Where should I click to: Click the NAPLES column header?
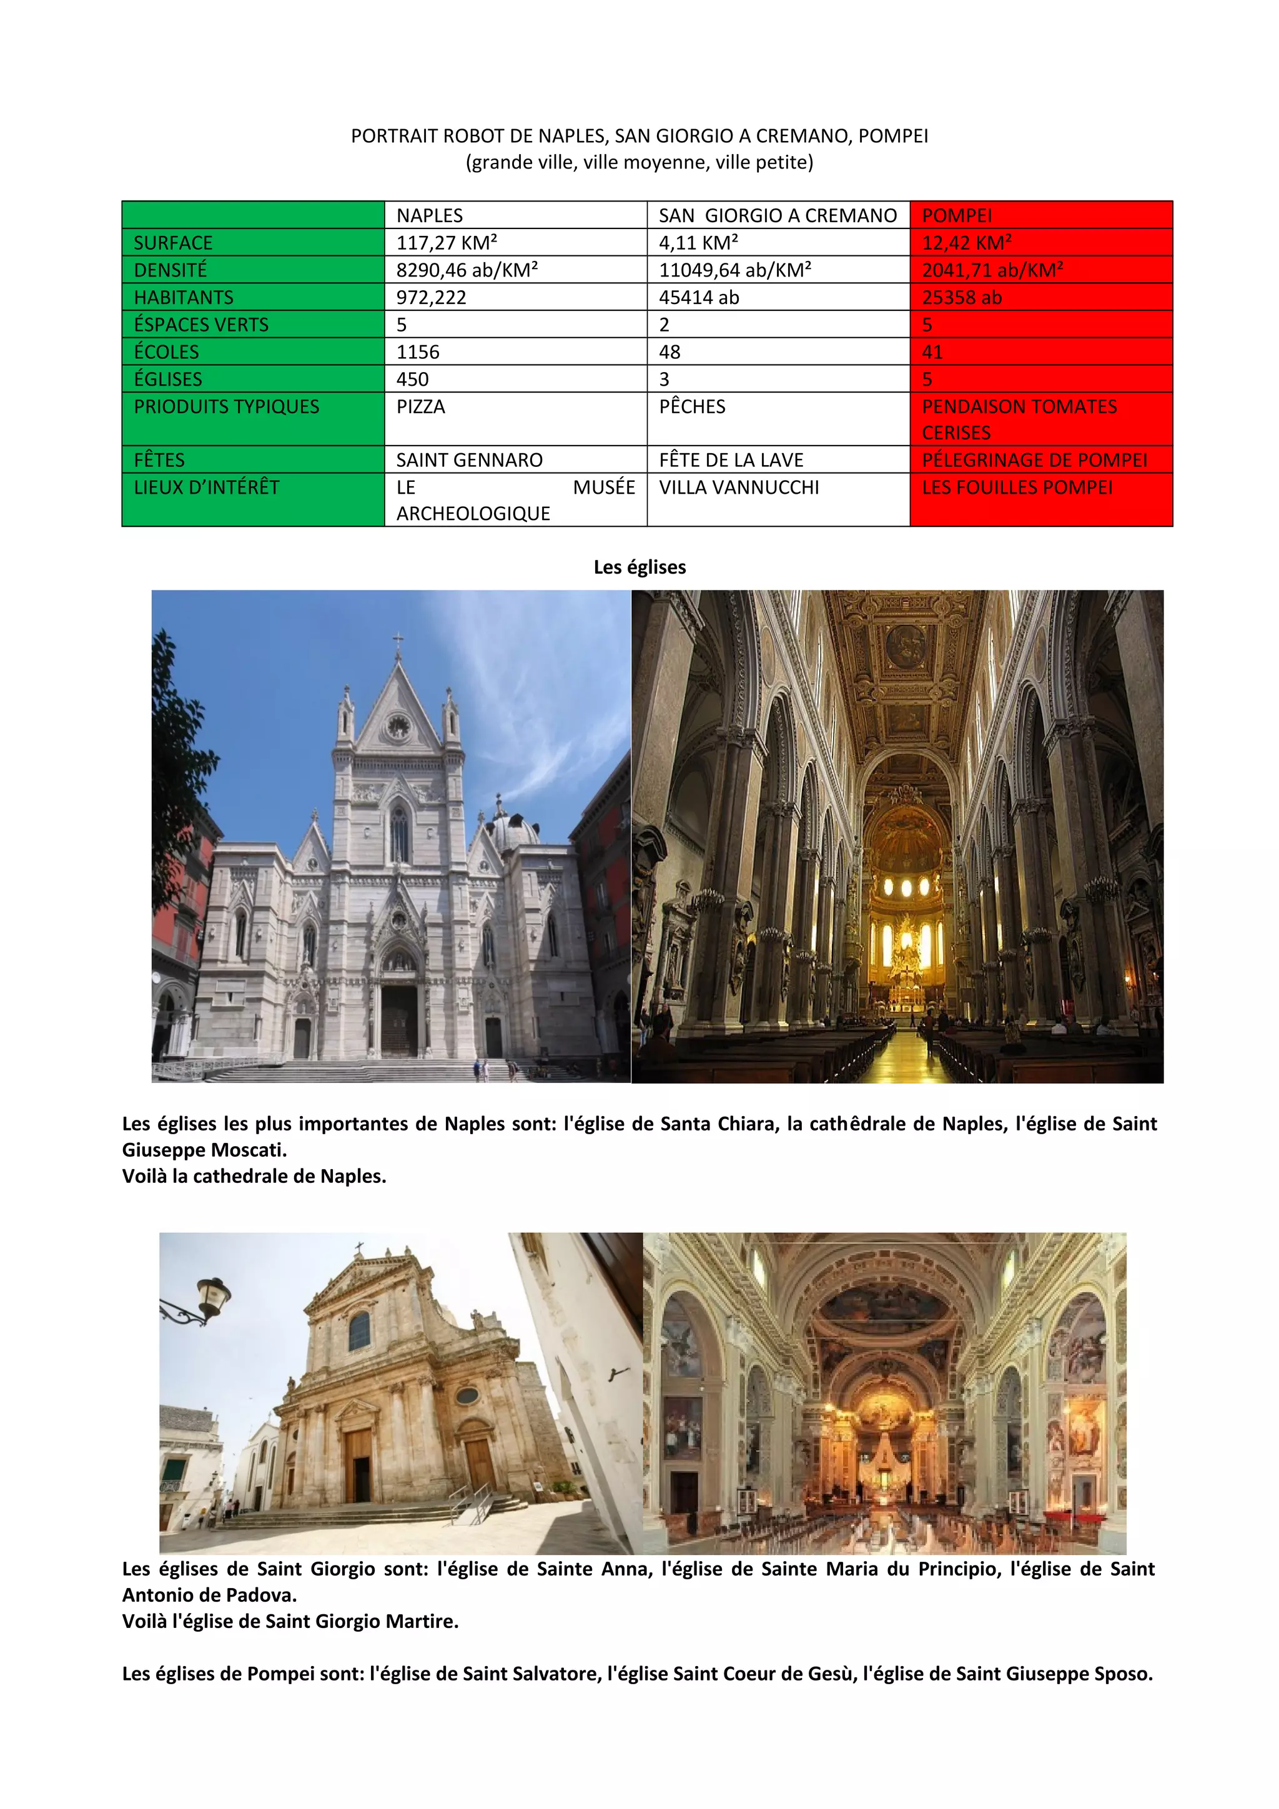pyautogui.click(x=430, y=215)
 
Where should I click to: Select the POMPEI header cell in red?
pyautogui.click(x=957, y=215)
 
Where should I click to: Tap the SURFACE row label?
pyautogui.click(x=174, y=243)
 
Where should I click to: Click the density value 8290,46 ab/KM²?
pyautogui.click(x=467, y=270)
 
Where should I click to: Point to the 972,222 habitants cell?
pyautogui.click(x=431, y=297)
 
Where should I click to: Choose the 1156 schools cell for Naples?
pyautogui.click(x=418, y=352)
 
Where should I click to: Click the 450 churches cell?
pyautogui.click(x=412, y=379)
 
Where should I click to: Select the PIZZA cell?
pyautogui.click(x=421, y=406)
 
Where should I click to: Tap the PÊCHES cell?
pyautogui.click(x=692, y=406)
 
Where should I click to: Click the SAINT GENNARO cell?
pyautogui.click(x=469, y=460)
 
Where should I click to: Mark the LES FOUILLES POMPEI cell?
pyautogui.click(x=1017, y=488)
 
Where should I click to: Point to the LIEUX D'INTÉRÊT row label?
pyautogui.click(x=207, y=488)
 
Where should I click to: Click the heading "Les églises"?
pyautogui.click(x=639, y=567)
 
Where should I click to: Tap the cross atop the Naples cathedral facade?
pyautogui.click(x=398, y=639)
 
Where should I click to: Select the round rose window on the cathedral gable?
pyautogui.click(x=398, y=725)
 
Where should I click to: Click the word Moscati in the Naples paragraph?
pyautogui.click(x=249, y=1150)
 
